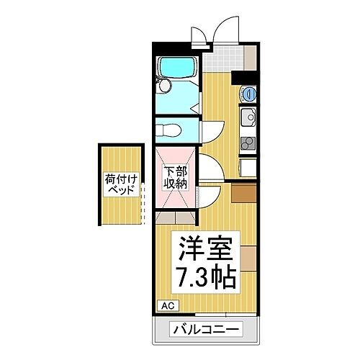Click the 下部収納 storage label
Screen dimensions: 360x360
point(176,177)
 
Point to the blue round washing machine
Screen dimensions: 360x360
point(248,92)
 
